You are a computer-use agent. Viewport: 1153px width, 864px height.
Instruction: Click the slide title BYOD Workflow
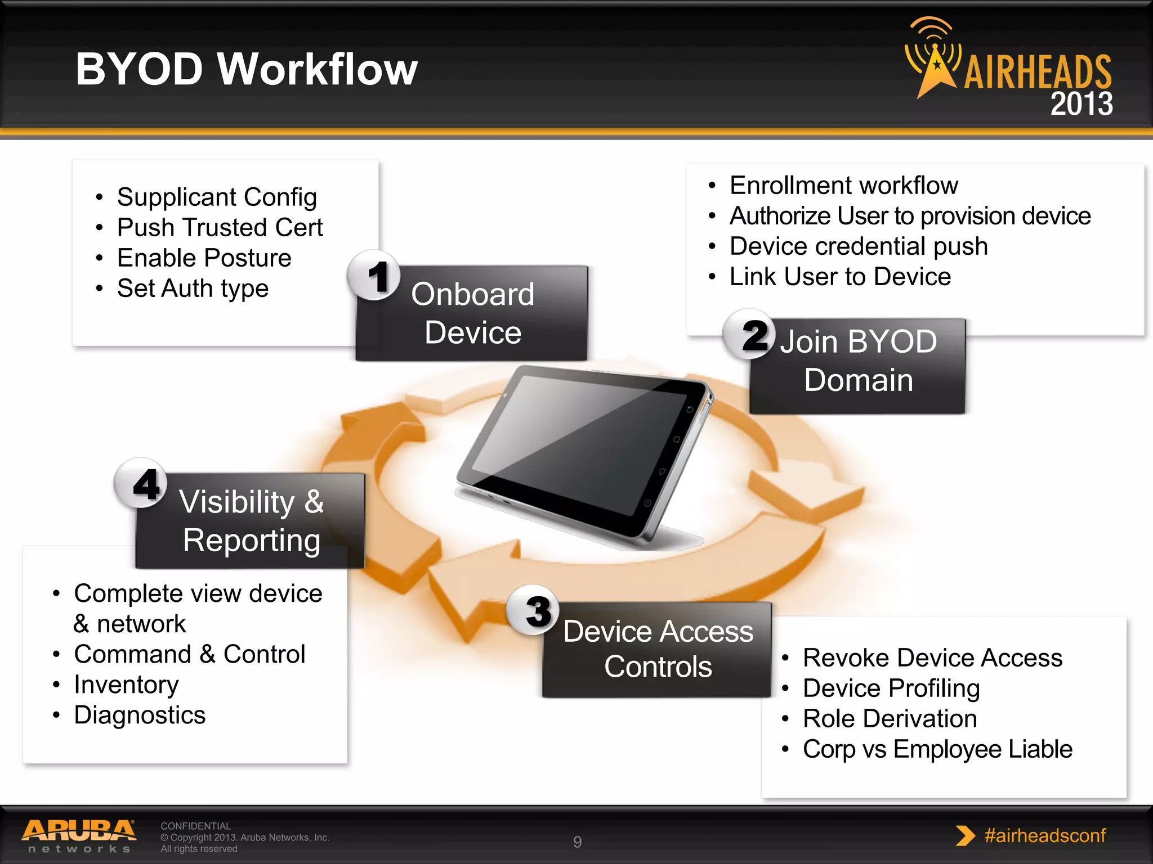pyautogui.click(x=246, y=69)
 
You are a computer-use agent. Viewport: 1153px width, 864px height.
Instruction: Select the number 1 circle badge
pyautogui.click(x=374, y=276)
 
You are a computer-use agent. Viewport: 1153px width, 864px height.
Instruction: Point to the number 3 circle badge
pyautogui.click(x=533, y=610)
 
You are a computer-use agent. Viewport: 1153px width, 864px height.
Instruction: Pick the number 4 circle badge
pyautogui.click(x=141, y=483)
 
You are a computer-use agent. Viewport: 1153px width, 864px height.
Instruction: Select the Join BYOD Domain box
pyautogui.click(x=858, y=366)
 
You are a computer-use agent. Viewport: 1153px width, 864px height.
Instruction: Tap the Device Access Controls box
pyautogui.click(x=658, y=649)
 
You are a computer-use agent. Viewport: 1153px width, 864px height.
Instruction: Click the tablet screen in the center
pyautogui.click(x=580, y=444)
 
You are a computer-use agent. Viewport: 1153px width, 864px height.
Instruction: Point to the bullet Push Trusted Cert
pyautogui.click(x=220, y=228)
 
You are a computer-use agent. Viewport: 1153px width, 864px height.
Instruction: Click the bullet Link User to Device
pyautogui.click(x=840, y=277)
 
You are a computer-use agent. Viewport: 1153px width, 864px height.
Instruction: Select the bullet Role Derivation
pyautogui.click(x=890, y=719)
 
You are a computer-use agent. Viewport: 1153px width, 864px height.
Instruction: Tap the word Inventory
pyautogui.click(x=126, y=685)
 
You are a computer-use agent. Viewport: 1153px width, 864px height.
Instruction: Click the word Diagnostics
pyautogui.click(x=140, y=715)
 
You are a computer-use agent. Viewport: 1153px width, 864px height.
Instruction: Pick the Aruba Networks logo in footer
pyautogui.click(x=79, y=836)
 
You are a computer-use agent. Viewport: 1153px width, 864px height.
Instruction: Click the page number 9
pyautogui.click(x=577, y=841)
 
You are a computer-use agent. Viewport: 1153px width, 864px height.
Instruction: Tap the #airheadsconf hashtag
pyautogui.click(x=1044, y=835)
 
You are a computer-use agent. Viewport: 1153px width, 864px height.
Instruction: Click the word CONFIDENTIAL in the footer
pyautogui.click(x=195, y=826)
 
